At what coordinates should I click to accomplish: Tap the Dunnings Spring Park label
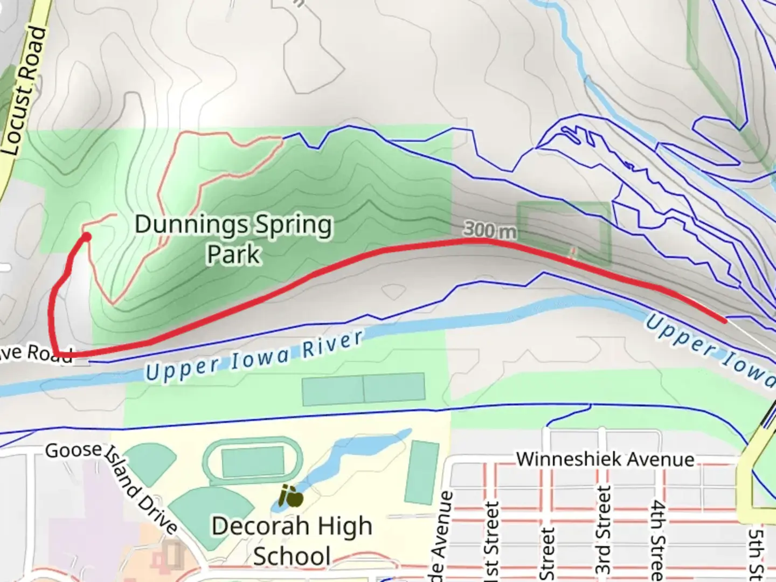pos(233,238)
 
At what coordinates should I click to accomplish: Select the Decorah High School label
pos(292,541)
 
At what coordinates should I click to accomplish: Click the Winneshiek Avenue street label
pos(605,459)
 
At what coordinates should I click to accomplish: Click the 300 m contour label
pos(489,230)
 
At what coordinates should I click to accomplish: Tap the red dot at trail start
pos(86,237)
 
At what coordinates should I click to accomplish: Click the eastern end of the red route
pos(725,321)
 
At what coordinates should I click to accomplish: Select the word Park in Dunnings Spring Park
pos(233,254)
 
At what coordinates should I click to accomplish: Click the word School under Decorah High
pos(292,556)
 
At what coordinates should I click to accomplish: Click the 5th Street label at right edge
pos(758,552)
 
